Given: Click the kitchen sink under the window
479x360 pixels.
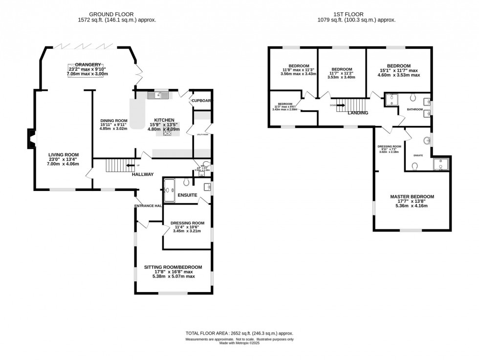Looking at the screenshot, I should (x=160, y=95).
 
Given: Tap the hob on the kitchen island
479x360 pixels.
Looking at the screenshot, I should (x=167, y=130).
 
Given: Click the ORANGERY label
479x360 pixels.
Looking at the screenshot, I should (x=88, y=64).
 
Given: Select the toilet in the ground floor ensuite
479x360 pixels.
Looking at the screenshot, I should (x=186, y=183).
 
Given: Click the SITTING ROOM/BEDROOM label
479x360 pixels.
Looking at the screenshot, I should (x=173, y=267).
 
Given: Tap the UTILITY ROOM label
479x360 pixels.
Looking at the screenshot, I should (x=202, y=134).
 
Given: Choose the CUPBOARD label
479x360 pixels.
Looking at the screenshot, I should (x=201, y=101).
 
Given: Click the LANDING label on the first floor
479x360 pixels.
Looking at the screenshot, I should (x=358, y=113).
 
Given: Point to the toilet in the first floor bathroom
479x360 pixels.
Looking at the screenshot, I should (x=413, y=96).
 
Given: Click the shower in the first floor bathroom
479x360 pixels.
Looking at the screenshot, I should (x=392, y=100).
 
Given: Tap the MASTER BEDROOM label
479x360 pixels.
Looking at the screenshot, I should (x=412, y=197).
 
